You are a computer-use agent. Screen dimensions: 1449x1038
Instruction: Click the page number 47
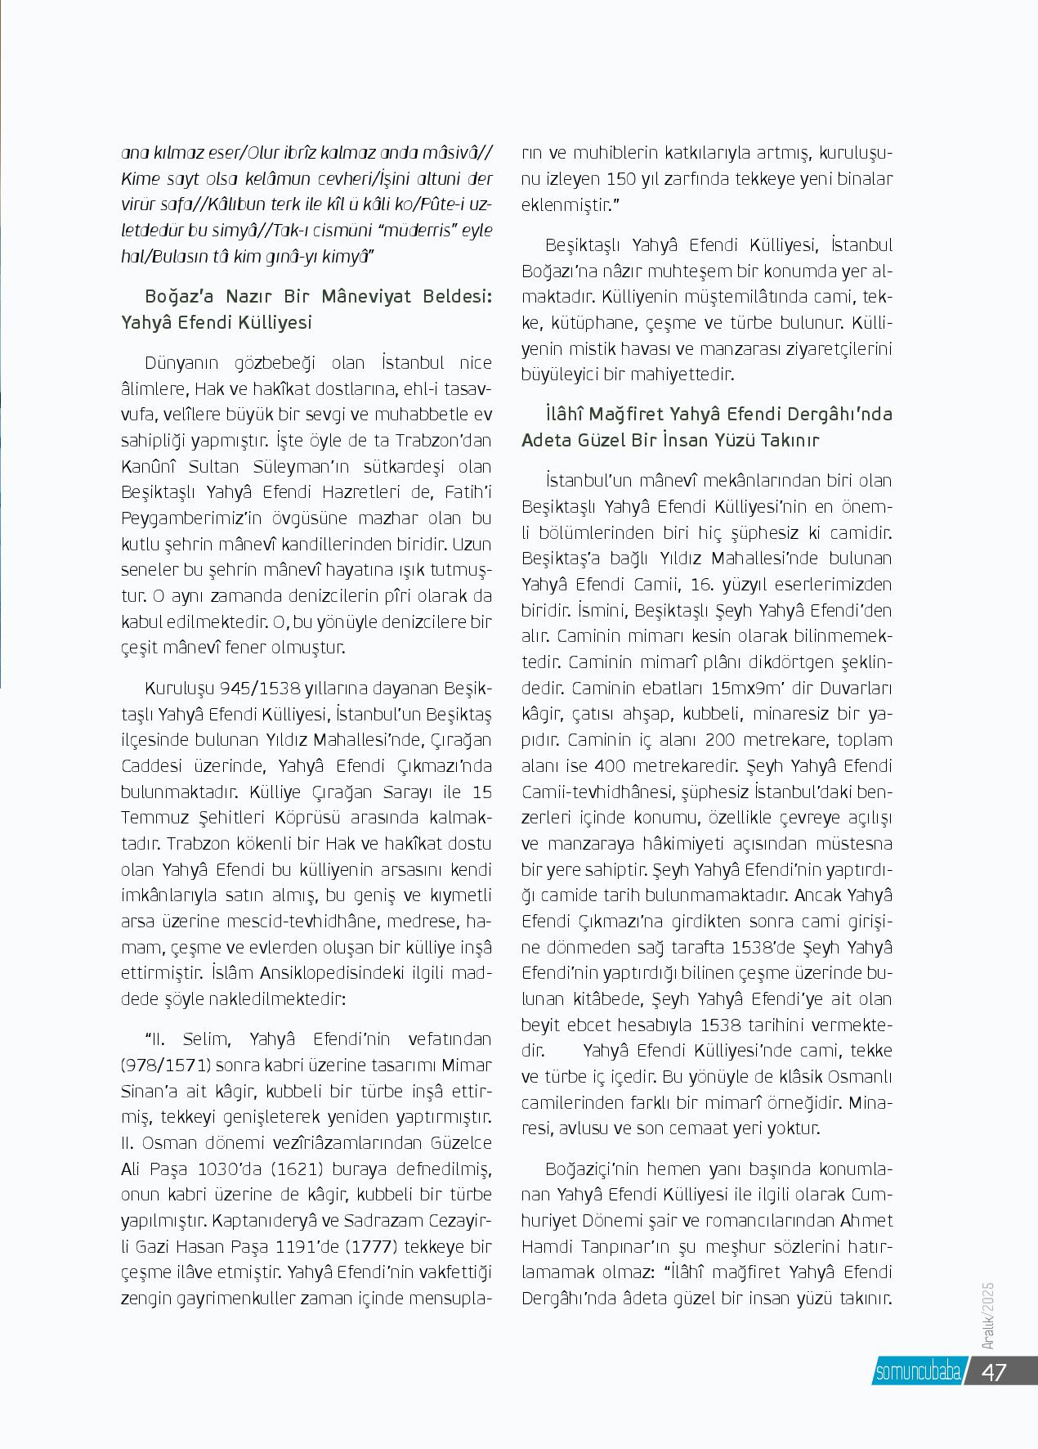pos(993,1371)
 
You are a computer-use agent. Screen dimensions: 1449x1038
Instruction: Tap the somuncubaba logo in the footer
pos(918,1371)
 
